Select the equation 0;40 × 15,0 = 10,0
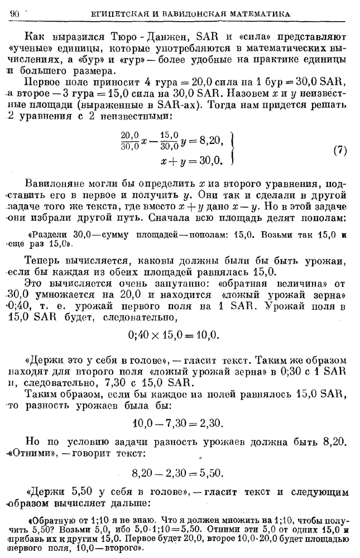[x=176, y=335]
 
